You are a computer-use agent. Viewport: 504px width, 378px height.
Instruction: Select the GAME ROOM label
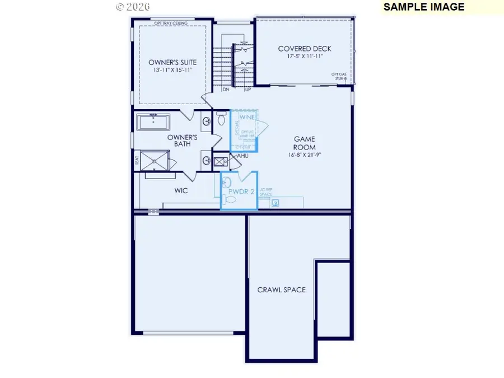pyautogui.click(x=305, y=143)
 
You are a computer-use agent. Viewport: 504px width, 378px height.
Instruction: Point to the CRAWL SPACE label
pyautogui.click(x=281, y=290)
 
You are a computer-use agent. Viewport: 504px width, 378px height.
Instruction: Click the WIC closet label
pyautogui.click(x=181, y=190)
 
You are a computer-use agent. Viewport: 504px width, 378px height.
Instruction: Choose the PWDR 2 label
pyautogui.click(x=239, y=190)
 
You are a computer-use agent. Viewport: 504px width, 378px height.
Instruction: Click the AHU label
pyautogui.click(x=242, y=156)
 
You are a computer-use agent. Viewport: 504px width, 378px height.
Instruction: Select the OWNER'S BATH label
pyautogui.click(x=183, y=140)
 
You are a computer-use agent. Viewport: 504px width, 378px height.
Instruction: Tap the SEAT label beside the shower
pyautogui.click(x=137, y=160)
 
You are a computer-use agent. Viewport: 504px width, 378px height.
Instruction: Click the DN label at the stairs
pyautogui.click(x=226, y=89)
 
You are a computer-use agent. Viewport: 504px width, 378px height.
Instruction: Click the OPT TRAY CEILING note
pyautogui.click(x=171, y=23)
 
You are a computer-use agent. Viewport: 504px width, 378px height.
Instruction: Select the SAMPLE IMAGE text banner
pyautogui.click(x=424, y=7)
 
